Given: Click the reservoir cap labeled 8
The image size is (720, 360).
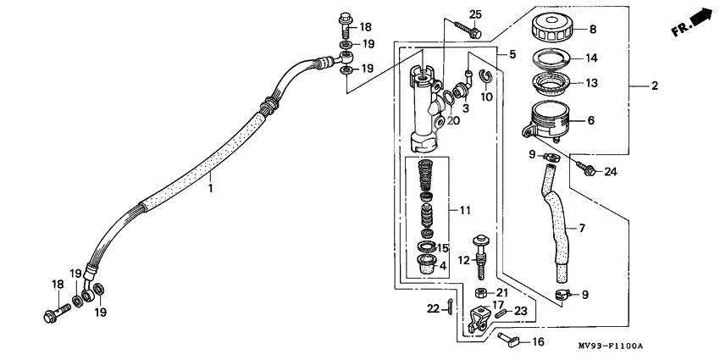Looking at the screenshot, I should click(552, 28).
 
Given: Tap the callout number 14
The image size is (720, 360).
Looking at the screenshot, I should click(590, 58).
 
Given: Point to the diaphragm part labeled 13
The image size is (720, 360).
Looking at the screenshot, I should click(551, 85).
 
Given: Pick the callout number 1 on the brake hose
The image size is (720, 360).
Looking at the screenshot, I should click(211, 189).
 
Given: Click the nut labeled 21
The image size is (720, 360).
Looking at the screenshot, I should click(479, 293).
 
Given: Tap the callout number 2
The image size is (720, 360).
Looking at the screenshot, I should click(654, 86).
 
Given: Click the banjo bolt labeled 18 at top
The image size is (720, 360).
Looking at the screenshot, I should click(346, 22).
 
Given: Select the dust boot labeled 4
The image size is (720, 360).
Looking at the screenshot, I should click(429, 263).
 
